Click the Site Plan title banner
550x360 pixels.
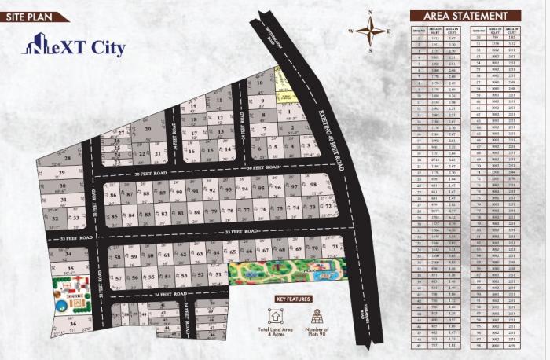click(x=32, y=16)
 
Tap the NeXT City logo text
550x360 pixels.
click(x=74, y=47)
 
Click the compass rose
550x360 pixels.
click(x=370, y=31)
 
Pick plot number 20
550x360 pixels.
click(x=147, y=130)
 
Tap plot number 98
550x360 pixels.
click(x=313, y=186)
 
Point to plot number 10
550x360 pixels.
click(x=259, y=81)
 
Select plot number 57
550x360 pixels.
click(x=118, y=278)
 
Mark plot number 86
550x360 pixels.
click(x=114, y=193)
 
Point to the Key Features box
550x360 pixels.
click(x=292, y=299)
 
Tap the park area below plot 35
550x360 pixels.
click(x=69, y=294)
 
